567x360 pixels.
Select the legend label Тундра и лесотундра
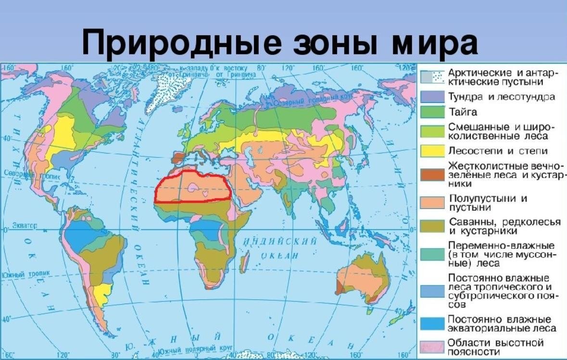tap(502, 97)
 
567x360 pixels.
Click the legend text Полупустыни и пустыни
tap(488, 203)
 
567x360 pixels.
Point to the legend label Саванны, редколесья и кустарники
tap(504, 226)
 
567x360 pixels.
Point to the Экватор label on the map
tap(25, 225)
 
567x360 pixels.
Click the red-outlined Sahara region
tap(192, 188)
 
